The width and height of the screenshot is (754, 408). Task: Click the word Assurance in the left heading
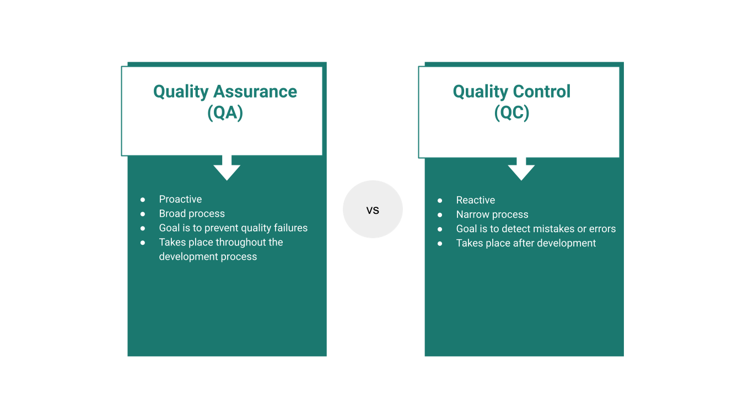coord(255,92)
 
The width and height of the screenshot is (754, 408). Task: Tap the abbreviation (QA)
coord(225,112)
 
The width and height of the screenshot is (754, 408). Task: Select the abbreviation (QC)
coord(511,112)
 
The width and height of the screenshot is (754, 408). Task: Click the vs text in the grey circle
coord(373,211)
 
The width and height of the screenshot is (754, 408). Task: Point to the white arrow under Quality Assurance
coord(227,168)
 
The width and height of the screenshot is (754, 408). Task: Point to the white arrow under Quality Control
coord(521,168)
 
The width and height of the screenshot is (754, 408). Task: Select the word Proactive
coord(180,199)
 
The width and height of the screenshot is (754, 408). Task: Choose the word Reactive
coord(476,200)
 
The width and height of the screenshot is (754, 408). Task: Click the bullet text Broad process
coord(192,213)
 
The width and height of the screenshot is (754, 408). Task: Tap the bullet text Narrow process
coord(492,214)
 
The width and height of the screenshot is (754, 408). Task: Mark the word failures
coord(291,228)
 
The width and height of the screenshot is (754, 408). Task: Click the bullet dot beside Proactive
coord(143,200)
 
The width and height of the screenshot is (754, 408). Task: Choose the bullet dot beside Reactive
coord(440,201)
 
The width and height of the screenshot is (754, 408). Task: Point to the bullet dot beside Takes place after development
coord(440,243)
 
